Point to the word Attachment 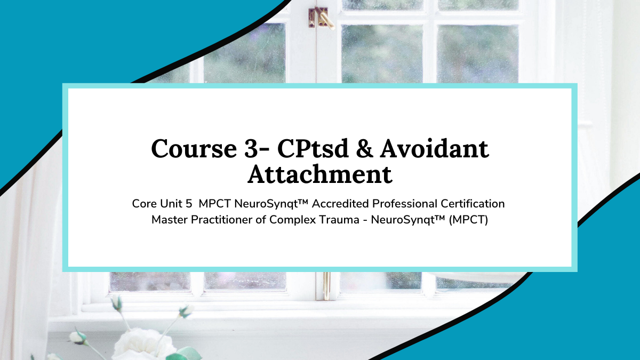point(320,174)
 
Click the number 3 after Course point(251,149)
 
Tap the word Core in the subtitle point(145,204)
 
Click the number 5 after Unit point(189,204)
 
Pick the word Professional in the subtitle point(405,204)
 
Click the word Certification point(473,204)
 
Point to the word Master point(170,220)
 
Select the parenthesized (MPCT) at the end point(468,220)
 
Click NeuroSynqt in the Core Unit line point(270,204)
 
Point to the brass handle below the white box point(326,286)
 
